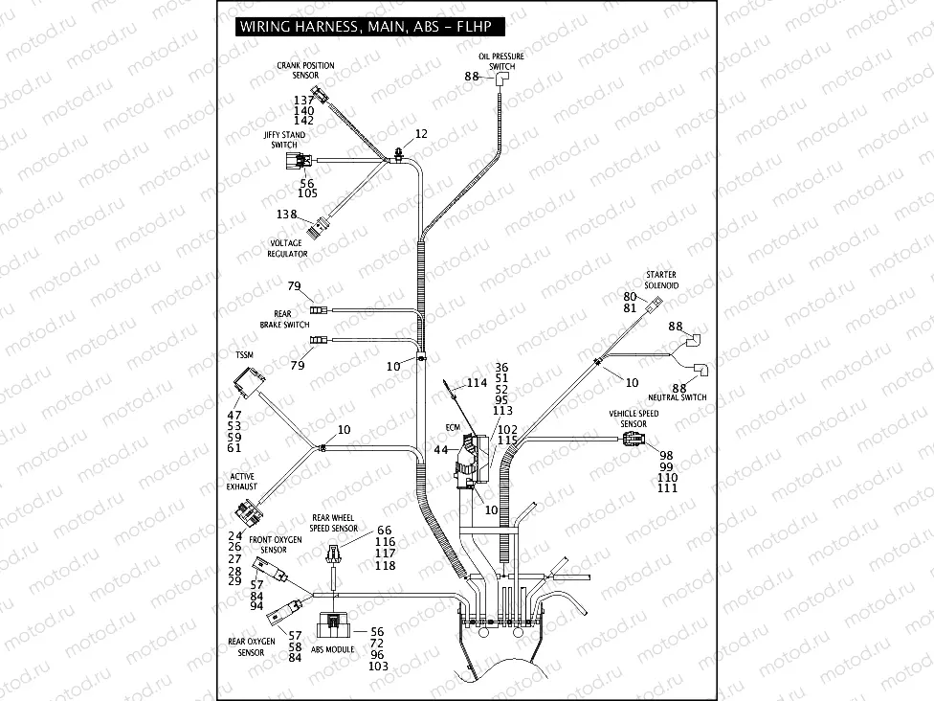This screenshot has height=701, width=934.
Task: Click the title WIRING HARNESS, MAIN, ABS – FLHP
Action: coord(367,26)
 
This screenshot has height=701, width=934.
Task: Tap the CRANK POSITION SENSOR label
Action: coord(305,70)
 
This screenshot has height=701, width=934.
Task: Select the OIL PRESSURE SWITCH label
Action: coord(501,61)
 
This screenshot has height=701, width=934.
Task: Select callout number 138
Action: coord(287,215)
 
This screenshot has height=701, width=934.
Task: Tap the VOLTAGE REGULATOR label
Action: coord(287,248)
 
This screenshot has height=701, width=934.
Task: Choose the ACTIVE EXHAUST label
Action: coord(243,481)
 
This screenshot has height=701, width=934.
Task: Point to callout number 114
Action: coord(477,383)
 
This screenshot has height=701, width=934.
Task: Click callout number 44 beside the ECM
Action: coord(441,449)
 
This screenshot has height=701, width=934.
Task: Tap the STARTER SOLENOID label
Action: coord(661,280)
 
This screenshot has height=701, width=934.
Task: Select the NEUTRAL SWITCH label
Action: coord(677,396)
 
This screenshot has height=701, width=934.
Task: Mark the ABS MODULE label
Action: coord(332,649)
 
